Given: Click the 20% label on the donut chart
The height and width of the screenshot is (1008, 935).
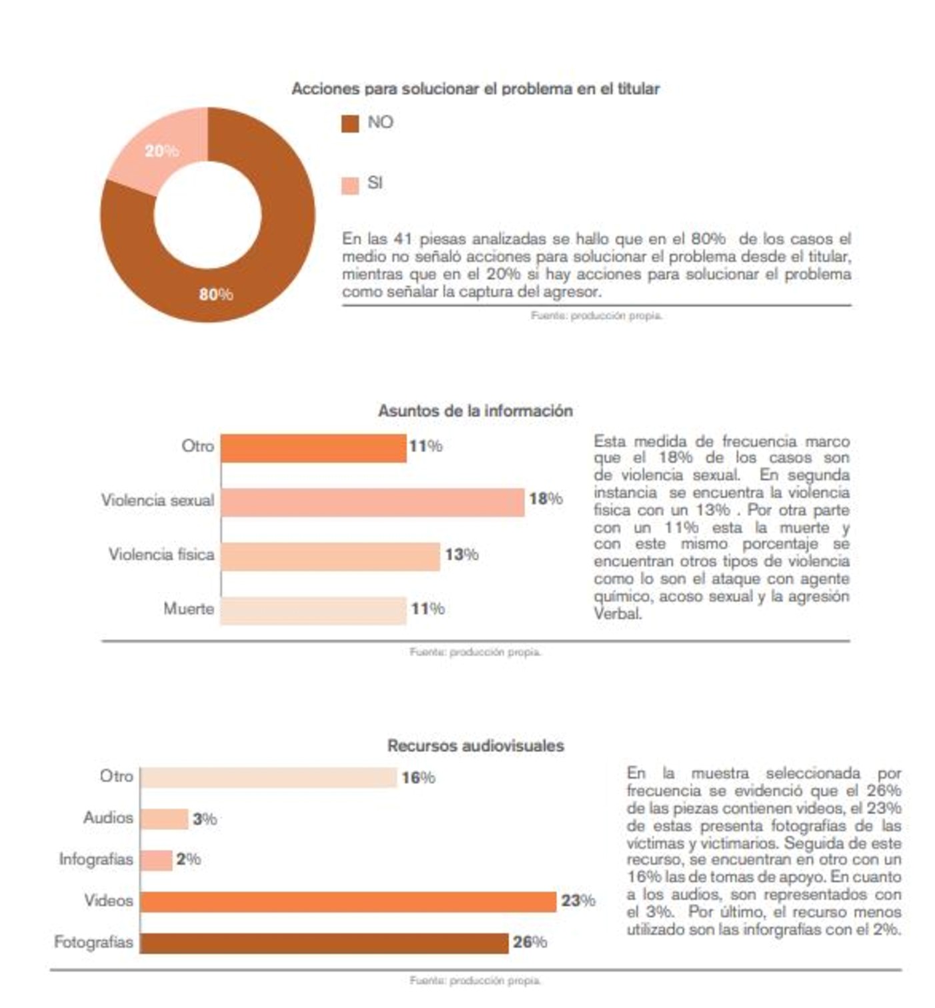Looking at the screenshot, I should (162, 151).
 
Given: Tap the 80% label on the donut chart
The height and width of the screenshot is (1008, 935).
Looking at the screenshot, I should (216, 294).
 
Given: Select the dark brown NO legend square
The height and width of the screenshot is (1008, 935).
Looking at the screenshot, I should (350, 123).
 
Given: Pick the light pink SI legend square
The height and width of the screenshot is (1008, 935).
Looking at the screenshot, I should (350, 185).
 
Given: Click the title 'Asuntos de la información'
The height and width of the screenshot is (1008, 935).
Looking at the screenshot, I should (475, 411).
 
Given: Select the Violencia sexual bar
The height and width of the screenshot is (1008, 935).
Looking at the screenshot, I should (372, 502).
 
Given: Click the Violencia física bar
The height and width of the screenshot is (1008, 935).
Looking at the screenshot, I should (330, 556).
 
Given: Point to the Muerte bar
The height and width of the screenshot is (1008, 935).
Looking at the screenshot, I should (313, 610).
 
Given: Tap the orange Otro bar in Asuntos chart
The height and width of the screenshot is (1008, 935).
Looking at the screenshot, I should (313, 448).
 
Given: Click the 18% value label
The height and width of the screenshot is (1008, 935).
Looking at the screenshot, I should (546, 499).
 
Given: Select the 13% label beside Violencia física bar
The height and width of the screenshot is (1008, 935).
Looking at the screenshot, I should (461, 554).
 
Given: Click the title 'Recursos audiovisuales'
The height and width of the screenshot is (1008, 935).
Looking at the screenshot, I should (476, 745).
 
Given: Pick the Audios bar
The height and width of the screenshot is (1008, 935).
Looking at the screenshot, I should (165, 819).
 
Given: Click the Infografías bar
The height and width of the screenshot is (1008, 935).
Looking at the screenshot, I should (157, 860).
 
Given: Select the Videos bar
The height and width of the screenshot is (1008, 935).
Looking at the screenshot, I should (348, 901).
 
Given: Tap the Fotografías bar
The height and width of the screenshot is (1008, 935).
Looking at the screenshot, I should (324, 943).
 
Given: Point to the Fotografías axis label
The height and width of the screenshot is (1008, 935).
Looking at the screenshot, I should (93, 942).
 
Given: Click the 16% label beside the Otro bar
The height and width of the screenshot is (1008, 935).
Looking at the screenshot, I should (418, 777).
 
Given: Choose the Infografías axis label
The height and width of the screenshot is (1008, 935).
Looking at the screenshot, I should (96, 859).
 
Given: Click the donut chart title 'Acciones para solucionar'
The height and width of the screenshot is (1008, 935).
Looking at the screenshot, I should (475, 89).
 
